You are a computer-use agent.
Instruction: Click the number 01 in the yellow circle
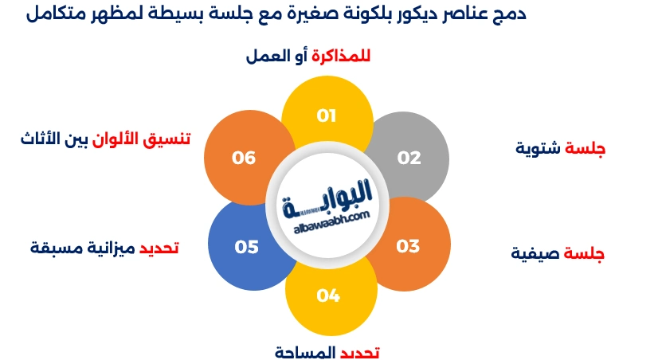[x=327, y=116]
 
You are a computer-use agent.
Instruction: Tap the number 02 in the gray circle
[x=409, y=158]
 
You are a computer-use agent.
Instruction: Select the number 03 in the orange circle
[x=408, y=246]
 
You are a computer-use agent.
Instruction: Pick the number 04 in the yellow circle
[x=328, y=296]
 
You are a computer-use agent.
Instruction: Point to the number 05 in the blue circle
[x=247, y=247]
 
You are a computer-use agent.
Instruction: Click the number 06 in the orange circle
[x=244, y=158]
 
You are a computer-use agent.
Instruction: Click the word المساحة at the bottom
[x=306, y=351]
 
